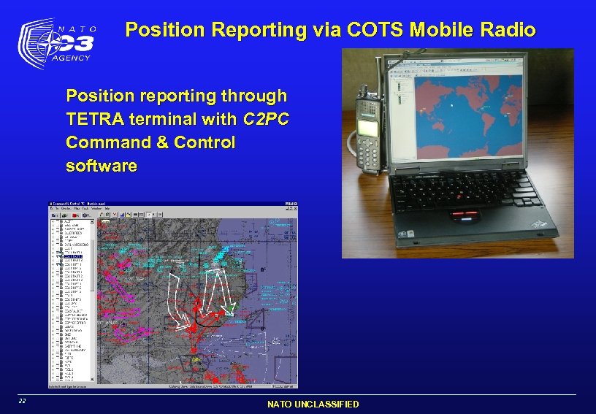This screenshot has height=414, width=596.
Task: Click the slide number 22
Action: pos(23,401)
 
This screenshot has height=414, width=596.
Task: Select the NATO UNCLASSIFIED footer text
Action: pos(313,404)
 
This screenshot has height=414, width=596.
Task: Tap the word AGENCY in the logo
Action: pos(72,58)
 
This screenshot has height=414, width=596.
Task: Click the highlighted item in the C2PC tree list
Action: pos(73,257)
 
